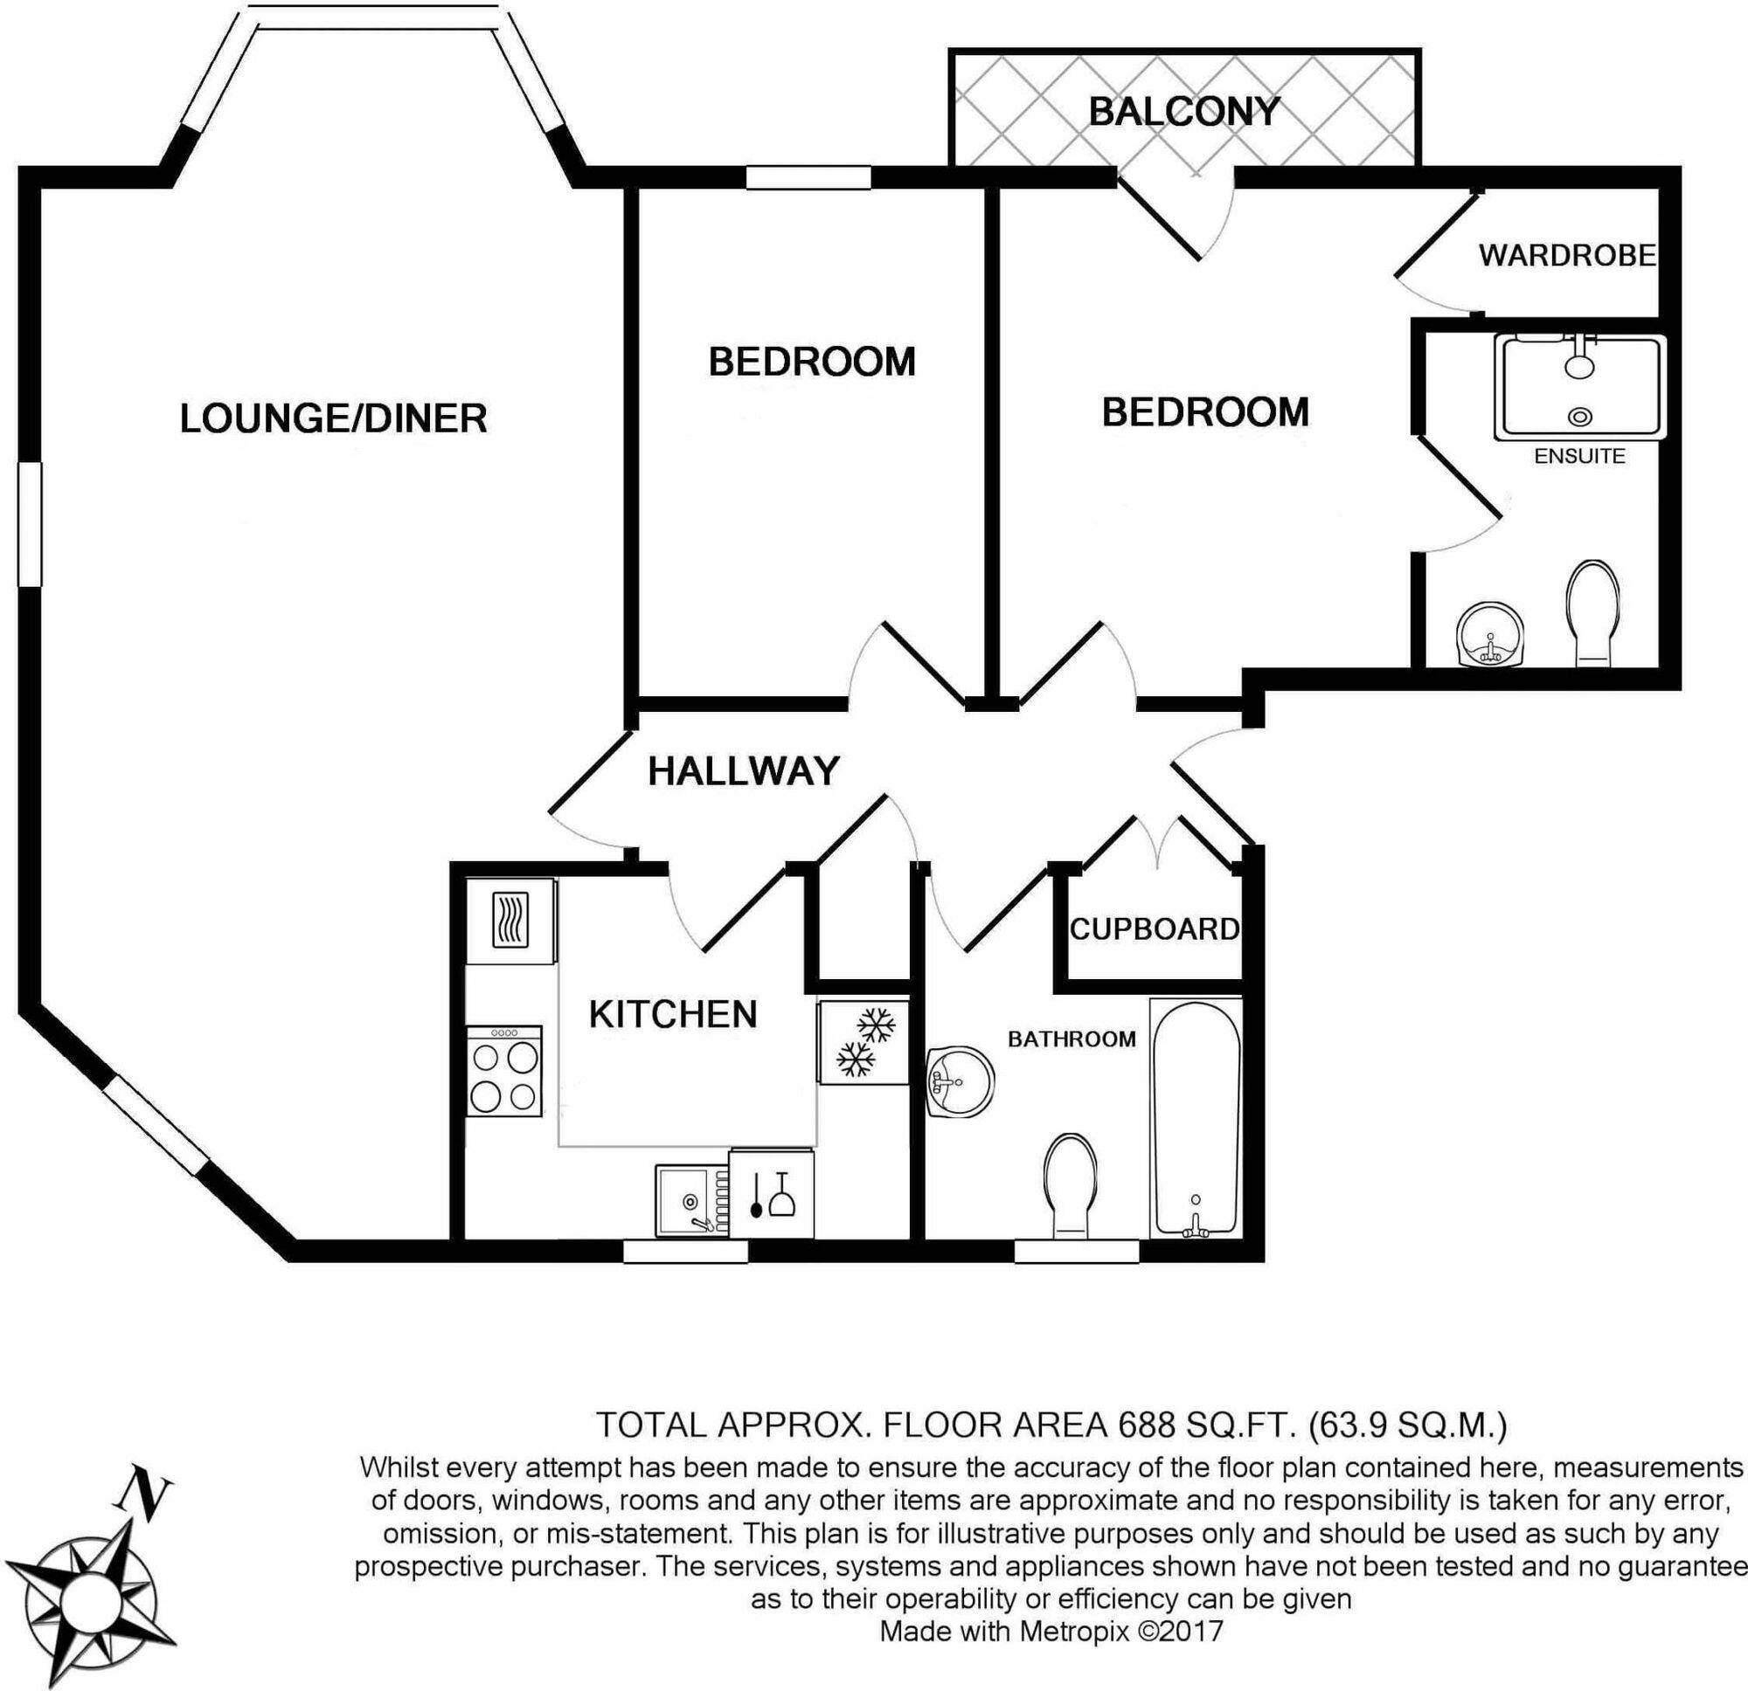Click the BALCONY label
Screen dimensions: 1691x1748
click(1183, 112)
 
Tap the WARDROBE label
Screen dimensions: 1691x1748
click(1567, 256)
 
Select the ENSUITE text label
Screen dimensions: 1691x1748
click(1579, 457)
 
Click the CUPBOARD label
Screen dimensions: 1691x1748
click(1155, 929)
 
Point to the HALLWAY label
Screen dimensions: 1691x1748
click(744, 772)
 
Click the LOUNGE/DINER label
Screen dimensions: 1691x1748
click(334, 419)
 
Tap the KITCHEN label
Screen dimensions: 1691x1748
click(673, 1014)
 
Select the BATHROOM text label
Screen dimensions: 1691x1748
click(1072, 1039)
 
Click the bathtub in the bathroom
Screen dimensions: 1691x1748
click(1195, 1119)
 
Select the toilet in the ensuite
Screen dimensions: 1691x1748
click(1592, 613)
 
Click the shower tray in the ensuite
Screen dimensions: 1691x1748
click(1579, 388)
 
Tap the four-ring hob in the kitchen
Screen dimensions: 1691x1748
click(505, 1072)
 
